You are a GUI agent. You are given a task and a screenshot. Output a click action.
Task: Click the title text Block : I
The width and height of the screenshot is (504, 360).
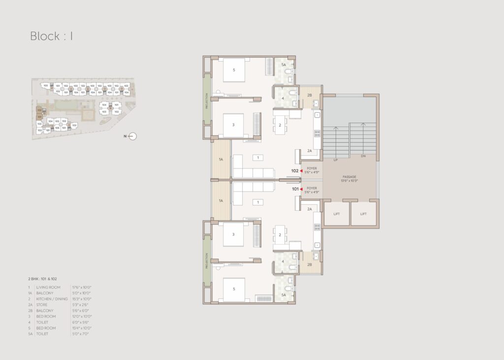(x=51, y=36)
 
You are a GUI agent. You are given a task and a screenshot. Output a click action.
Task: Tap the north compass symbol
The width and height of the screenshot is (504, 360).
(x=132, y=136)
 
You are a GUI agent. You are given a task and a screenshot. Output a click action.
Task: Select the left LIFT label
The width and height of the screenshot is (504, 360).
(x=336, y=214)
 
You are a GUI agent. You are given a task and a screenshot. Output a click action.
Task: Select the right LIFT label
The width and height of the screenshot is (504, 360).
(x=363, y=214)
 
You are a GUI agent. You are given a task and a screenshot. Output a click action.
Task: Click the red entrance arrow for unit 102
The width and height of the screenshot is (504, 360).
(x=301, y=171)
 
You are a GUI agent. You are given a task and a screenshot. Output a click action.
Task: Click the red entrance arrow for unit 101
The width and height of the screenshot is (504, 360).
(x=301, y=189)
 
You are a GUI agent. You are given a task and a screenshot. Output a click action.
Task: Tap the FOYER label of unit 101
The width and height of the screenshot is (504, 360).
(x=312, y=189)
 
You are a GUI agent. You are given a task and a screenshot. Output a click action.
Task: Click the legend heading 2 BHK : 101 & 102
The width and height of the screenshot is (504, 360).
(x=44, y=279)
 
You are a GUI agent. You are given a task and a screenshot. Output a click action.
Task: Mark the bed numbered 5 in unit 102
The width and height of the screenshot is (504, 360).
(x=234, y=70)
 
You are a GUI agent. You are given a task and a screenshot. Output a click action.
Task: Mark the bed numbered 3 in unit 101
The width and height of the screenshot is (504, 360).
(x=234, y=235)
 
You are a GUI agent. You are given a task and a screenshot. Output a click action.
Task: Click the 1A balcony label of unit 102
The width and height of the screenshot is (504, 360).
(x=221, y=160)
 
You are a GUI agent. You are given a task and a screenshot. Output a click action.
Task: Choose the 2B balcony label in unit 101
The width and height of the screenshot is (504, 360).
(x=310, y=264)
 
